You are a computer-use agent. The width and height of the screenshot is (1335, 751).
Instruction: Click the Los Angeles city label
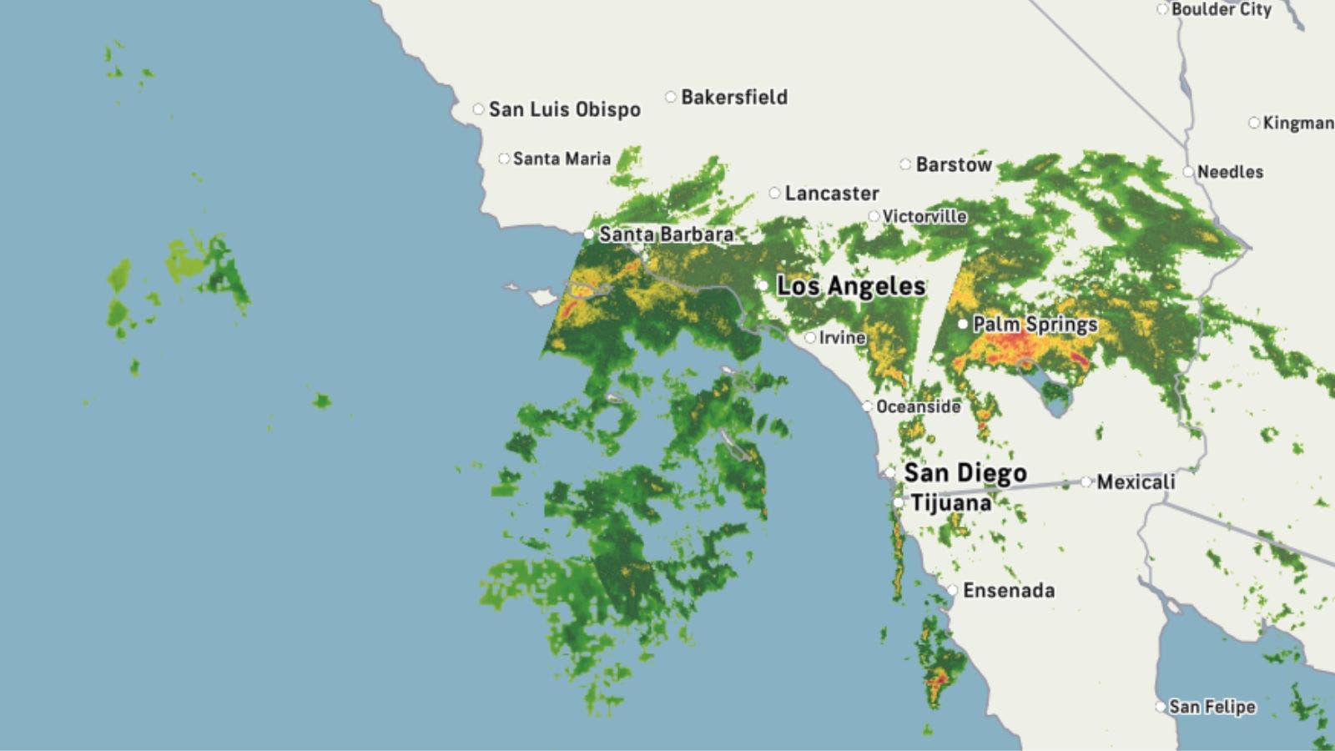point(850,286)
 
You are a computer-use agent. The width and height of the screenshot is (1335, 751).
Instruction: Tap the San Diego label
point(965,473)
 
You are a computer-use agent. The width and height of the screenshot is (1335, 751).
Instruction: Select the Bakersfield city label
point(733,97)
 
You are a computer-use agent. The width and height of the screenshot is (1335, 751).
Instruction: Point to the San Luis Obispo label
point(564,109)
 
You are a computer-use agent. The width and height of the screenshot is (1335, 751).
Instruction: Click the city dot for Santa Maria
point(504,159)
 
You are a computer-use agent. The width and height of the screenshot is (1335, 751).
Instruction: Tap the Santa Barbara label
point(666,234)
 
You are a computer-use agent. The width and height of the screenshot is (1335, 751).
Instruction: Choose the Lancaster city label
point(831,194)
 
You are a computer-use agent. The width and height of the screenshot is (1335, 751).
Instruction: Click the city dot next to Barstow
point(905,164)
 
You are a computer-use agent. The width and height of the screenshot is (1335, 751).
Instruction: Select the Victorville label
point(924,217)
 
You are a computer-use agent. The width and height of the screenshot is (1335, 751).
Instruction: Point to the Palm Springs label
point(1035,324)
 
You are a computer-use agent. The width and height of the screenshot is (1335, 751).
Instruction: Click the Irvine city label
point(841,338)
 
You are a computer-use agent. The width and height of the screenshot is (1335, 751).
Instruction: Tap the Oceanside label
point(918,406)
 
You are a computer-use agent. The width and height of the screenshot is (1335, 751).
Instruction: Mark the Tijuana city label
point(950,503)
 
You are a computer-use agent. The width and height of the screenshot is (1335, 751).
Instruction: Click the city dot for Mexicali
point(1086,481)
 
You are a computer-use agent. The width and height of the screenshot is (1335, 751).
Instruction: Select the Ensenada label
point(1008,591)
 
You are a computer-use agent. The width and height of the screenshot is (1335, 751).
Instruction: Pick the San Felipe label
point(1212,707)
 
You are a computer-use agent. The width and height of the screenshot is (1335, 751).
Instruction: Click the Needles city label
point(1230,172)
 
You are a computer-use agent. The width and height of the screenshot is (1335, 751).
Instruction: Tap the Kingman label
point(1297,123)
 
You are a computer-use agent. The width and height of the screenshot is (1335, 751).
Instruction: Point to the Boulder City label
point(1221,9)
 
